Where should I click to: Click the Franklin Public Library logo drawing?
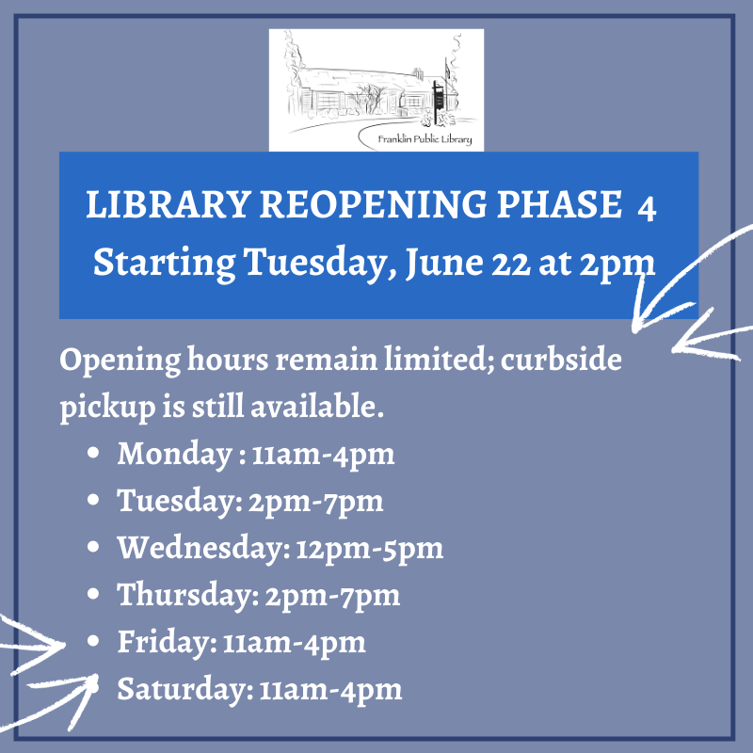pyautogui.click(x=376, y=89)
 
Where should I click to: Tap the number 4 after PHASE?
pyautogui.click(x=647, y=209)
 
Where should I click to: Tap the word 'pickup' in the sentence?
pyautogui.click(x=104, y=409)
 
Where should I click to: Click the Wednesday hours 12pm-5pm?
pyautogui.click(x=369, y=548)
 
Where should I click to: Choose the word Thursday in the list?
pyautogui.click(x=178, y=595)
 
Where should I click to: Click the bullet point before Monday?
pyautogui.click(x=93, y=455)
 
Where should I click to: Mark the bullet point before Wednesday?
pyautogui.click(x=93, y=547)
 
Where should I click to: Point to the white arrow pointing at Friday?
pyautogui.click(x=33, y=643)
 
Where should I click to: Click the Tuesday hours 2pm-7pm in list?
pyautogui.click(x=316, y=502)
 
